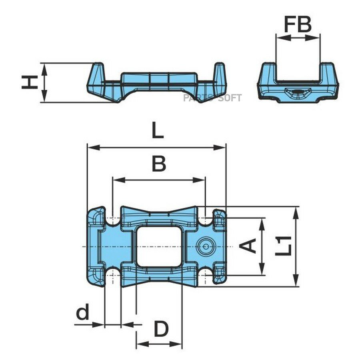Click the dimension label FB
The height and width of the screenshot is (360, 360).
click(298, 24)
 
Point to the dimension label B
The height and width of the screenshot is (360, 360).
click(159, 164)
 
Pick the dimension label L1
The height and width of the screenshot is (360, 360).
click(284, 246)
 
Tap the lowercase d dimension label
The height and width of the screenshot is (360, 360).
click(82, 312)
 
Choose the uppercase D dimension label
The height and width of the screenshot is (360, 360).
click(161, 329)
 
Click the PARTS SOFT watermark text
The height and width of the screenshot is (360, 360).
click(212, 98)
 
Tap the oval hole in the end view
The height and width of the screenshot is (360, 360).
click(298, 92)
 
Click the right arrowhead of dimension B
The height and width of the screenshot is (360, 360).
click(199, 180)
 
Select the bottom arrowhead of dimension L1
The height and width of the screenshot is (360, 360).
click(296, 280)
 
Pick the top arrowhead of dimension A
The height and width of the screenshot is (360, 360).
click(262, 224)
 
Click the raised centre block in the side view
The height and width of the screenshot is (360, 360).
click(159, 79)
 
